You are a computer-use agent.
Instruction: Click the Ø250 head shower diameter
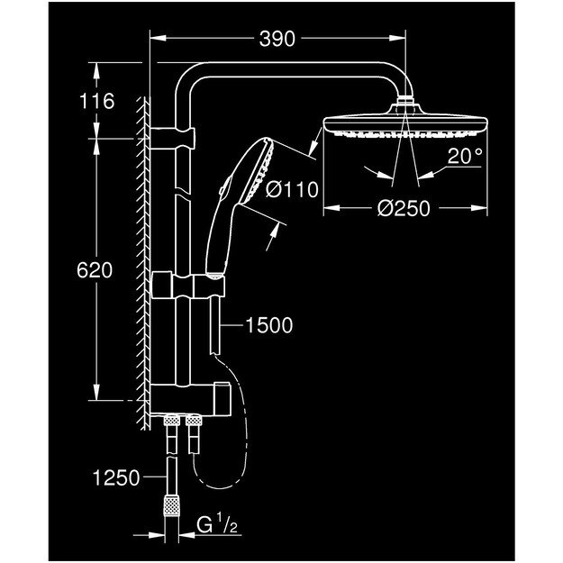(404, 208)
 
